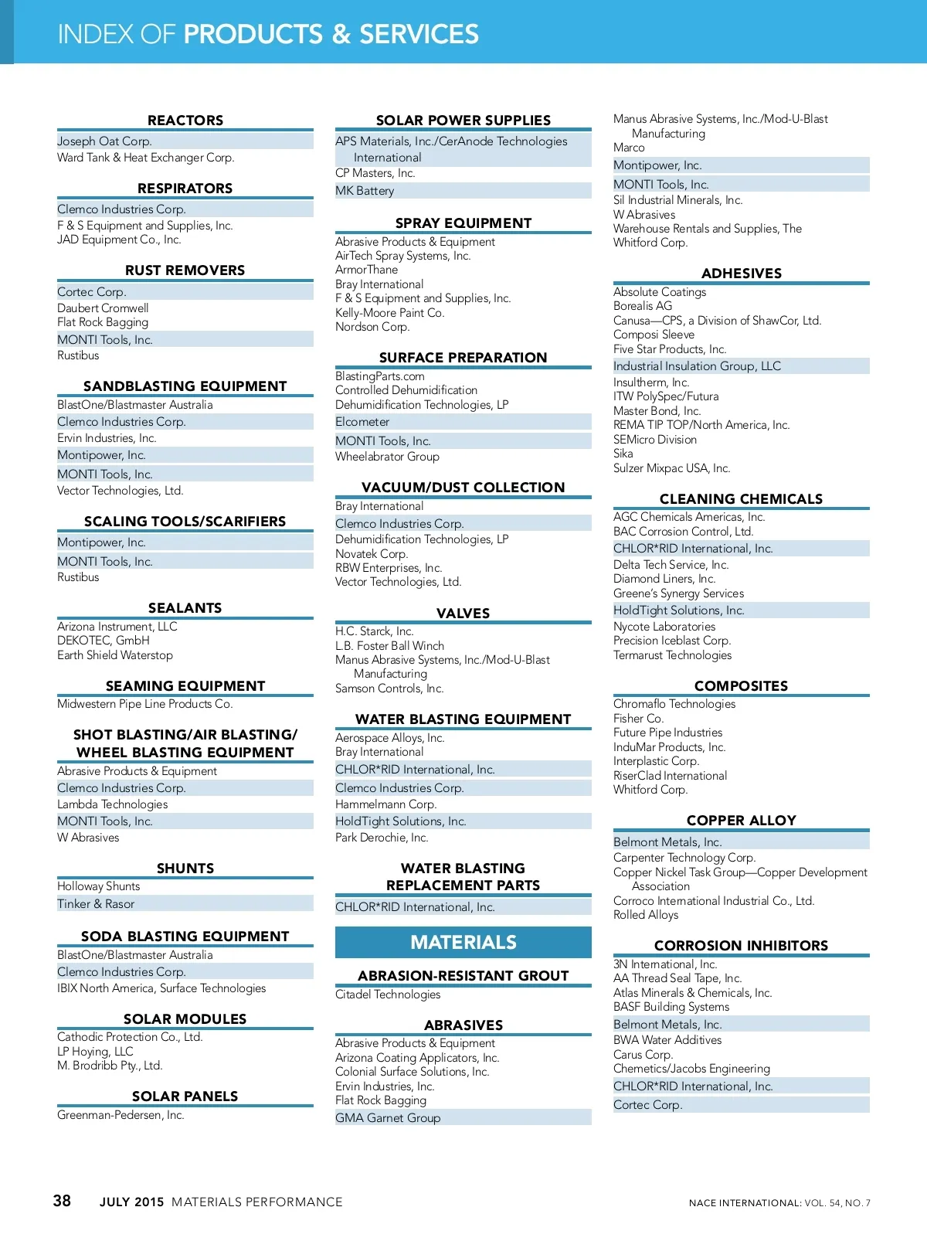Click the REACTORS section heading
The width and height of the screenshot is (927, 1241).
185,121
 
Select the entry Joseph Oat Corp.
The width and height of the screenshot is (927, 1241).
104,141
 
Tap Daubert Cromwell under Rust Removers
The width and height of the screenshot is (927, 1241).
103,308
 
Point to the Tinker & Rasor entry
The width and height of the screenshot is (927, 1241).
96,903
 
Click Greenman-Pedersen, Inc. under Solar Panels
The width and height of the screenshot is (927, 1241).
121,1115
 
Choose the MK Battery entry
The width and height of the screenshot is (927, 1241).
365,191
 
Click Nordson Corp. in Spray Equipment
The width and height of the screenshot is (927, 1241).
372,327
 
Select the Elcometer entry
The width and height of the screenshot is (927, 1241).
362,422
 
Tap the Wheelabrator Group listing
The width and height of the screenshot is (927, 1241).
387,457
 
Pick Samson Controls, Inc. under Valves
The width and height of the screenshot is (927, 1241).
389,688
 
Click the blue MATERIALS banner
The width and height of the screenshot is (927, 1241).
463,943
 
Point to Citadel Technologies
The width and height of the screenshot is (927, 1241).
388,994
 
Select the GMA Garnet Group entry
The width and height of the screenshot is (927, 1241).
388,1118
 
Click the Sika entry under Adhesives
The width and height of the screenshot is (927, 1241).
623,454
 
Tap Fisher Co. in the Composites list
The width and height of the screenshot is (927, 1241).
638,719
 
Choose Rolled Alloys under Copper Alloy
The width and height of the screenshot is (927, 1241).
646,915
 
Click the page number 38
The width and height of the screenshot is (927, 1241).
62,1201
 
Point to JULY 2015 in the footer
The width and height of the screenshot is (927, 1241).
132,1202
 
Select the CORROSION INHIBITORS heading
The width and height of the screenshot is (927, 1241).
741,946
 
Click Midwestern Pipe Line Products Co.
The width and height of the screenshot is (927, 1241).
145,704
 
